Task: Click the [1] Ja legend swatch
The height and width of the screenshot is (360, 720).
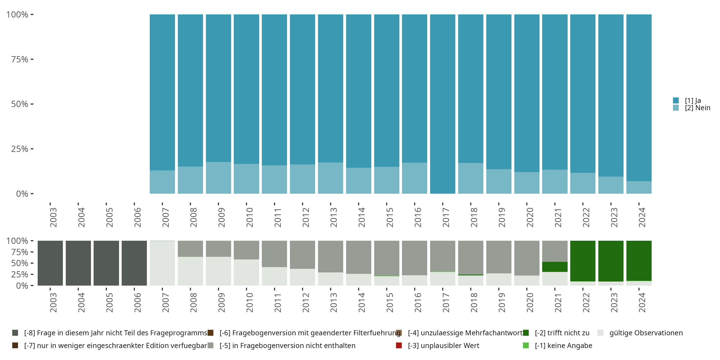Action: (676, 100)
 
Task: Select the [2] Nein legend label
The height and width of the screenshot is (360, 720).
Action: (697, 108)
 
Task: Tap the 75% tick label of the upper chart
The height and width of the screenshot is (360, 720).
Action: (20, 59)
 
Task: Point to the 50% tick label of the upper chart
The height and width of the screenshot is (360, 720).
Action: (20, 104)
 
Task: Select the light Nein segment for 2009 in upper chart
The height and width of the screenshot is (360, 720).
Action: (218, 178)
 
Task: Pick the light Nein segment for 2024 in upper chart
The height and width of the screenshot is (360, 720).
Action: (639, 187)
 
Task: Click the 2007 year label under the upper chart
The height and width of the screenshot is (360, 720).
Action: (165, 217)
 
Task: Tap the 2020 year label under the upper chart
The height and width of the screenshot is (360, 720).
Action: (530, 217)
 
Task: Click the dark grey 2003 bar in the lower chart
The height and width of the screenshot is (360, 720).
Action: (50, 263)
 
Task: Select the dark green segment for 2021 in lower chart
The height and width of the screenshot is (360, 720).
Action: (555, 267)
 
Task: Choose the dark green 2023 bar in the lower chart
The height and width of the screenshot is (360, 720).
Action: (611, 261)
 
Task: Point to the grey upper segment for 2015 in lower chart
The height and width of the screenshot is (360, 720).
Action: (387, 258)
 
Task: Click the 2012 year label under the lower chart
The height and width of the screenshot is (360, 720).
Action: (306, 302)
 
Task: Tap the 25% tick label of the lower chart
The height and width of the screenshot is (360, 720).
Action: (20, 275)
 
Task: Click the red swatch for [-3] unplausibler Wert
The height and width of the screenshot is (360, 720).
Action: (399, 345)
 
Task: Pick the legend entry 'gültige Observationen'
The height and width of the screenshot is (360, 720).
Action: (646, 333)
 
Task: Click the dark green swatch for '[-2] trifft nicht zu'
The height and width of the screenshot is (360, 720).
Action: (526, 333)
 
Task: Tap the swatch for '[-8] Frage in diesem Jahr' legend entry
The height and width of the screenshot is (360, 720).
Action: (15, 333)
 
